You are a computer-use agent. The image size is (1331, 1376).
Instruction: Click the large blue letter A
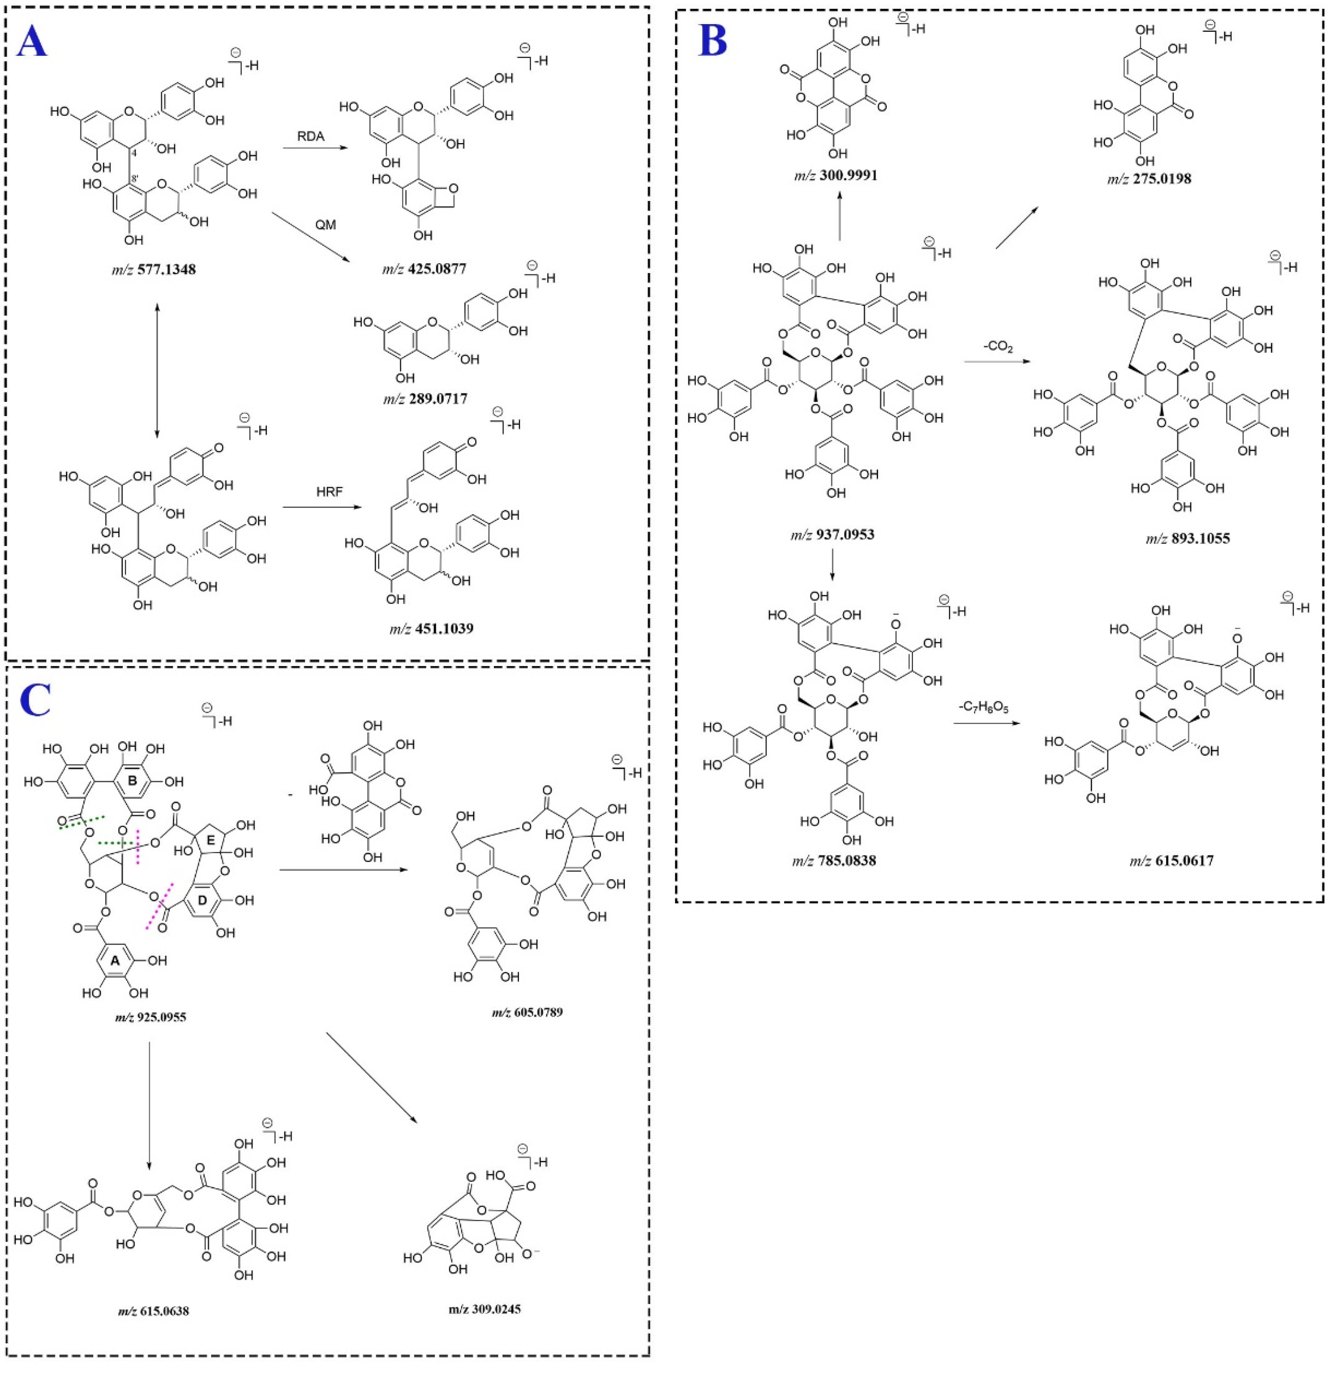pos(31,41)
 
